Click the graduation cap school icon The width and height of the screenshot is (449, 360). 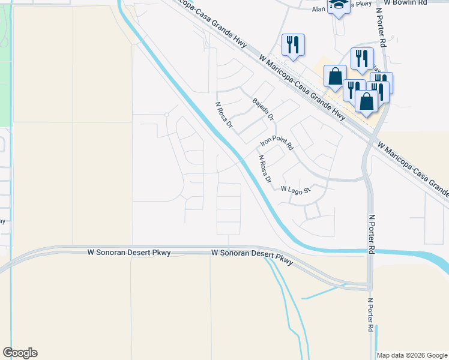pyautogui.click(x=339, y=6)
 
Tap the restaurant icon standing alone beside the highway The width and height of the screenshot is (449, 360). pyautogui.click(x=293, y=45)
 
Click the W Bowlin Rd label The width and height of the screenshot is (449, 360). pyautogui.click(x=406, y=3)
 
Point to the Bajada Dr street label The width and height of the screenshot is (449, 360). pyautogui.click(x=263, y=109)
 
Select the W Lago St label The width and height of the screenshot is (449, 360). pyautogui.click(x=295, y=190)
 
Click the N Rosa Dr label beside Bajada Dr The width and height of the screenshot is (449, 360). pyautogui.click(x=224, y=115)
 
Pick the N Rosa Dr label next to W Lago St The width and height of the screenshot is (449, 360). pyautogui.click(x=265, y=169)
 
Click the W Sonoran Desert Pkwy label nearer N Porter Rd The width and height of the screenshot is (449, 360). pyautogui.click(x=252, y=257)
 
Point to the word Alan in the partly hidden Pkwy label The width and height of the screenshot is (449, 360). pyautogui.click(x=318, y=9)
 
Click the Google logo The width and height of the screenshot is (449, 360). pyautogui.click(x=20, y=353)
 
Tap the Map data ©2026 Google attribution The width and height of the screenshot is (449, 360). pyautogui.click(x=411, y=355)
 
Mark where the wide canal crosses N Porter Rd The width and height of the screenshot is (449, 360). pyautogui.click(x=368, y=250)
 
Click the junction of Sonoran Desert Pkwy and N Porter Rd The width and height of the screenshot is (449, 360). pyautogui.click(x=367, y=285)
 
